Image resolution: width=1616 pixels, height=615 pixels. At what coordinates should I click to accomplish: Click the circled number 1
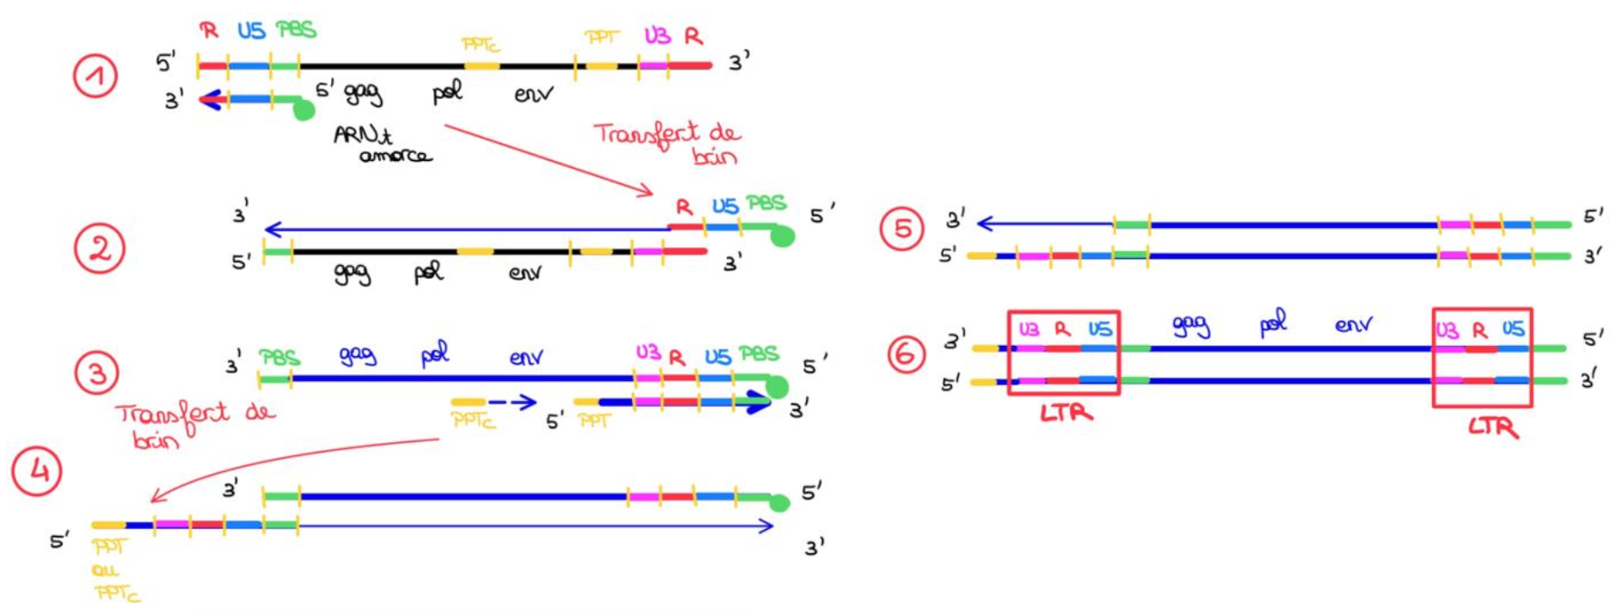tap(95, 77)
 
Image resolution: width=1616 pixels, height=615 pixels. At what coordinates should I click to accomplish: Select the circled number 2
tap(100, 249)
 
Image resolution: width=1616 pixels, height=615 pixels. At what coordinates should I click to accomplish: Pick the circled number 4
tap(37, 470)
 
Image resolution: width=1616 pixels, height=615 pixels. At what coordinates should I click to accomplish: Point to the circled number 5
tap(901, 229)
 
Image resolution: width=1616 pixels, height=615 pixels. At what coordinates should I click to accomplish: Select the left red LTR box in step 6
tap(1064, 353)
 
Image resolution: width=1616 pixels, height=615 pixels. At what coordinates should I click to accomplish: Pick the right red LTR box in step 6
tap(1482, 357)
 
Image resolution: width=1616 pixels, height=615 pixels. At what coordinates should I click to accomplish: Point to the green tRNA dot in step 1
tap(304, 109)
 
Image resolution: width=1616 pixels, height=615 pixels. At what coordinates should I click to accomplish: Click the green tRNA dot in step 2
tap(782, 236)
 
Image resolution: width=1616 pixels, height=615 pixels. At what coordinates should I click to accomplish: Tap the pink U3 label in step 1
tap(657, 36)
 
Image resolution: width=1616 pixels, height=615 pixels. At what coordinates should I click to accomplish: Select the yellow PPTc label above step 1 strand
tap(481, 44)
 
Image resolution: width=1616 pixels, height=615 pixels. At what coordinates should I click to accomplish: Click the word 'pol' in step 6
tap(1273, 323)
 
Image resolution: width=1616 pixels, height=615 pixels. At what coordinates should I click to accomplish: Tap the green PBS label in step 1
tap(296, 30)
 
